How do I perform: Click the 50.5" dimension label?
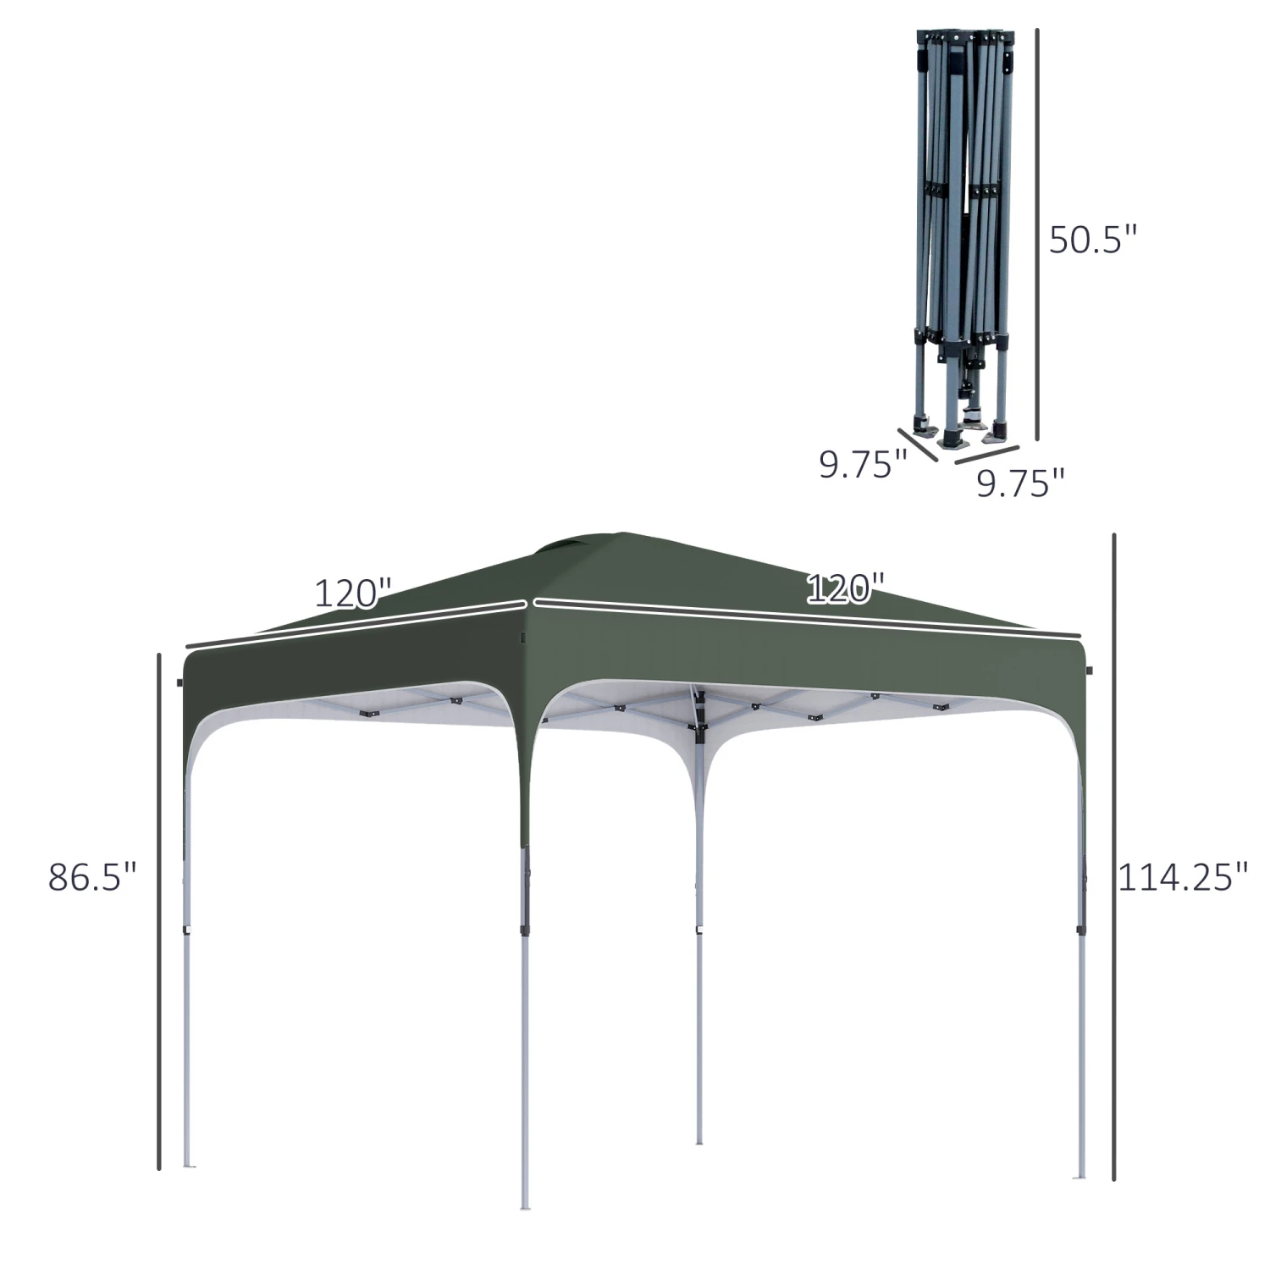click(x=1092, y=240)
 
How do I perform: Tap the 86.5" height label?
click(x=92, y=876)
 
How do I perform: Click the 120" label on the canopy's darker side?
click(x=353, y=593)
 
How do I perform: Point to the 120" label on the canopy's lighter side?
click(x=845, y=588)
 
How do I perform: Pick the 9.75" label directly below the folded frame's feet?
click(x=1020, y=483)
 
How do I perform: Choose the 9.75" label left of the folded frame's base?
click(x=863, y=464)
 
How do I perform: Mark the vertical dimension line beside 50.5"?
click(x=1037, y=235)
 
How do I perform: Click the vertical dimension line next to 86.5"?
click(x=158, y=911)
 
